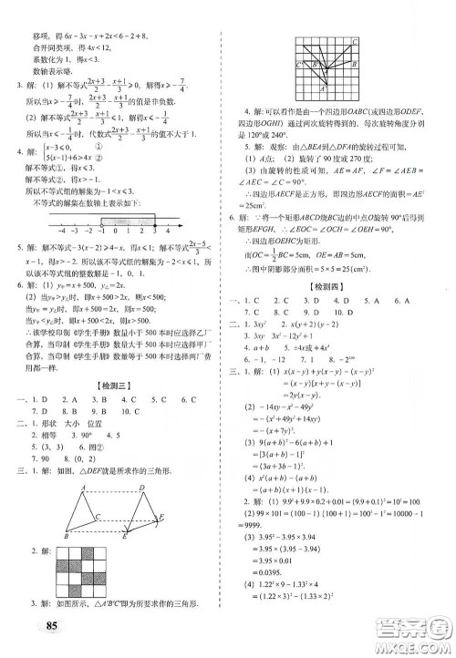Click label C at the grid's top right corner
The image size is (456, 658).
354,42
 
